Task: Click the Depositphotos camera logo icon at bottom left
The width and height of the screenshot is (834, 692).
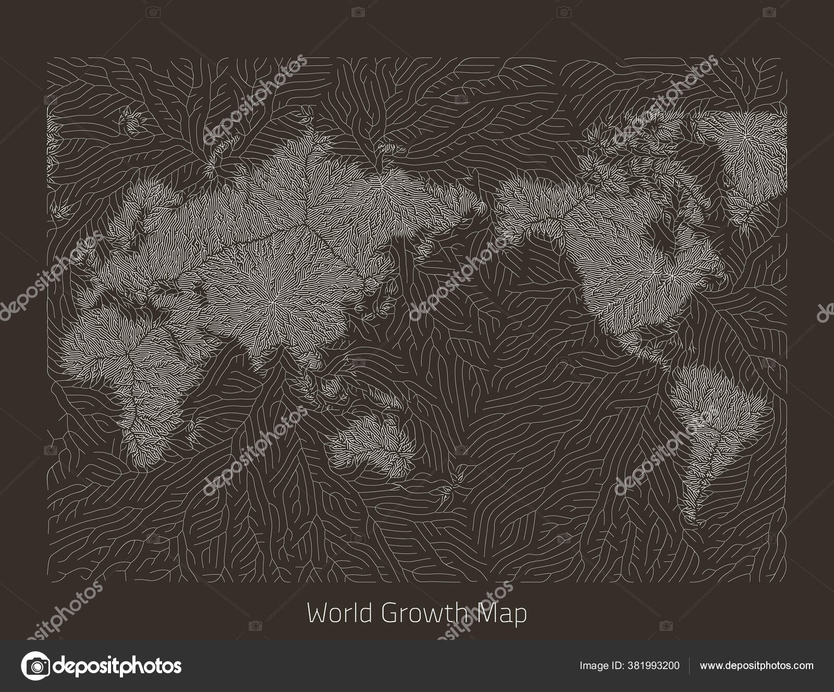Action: coord(34,665)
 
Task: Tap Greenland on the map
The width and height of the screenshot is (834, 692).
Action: coord(751,151)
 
